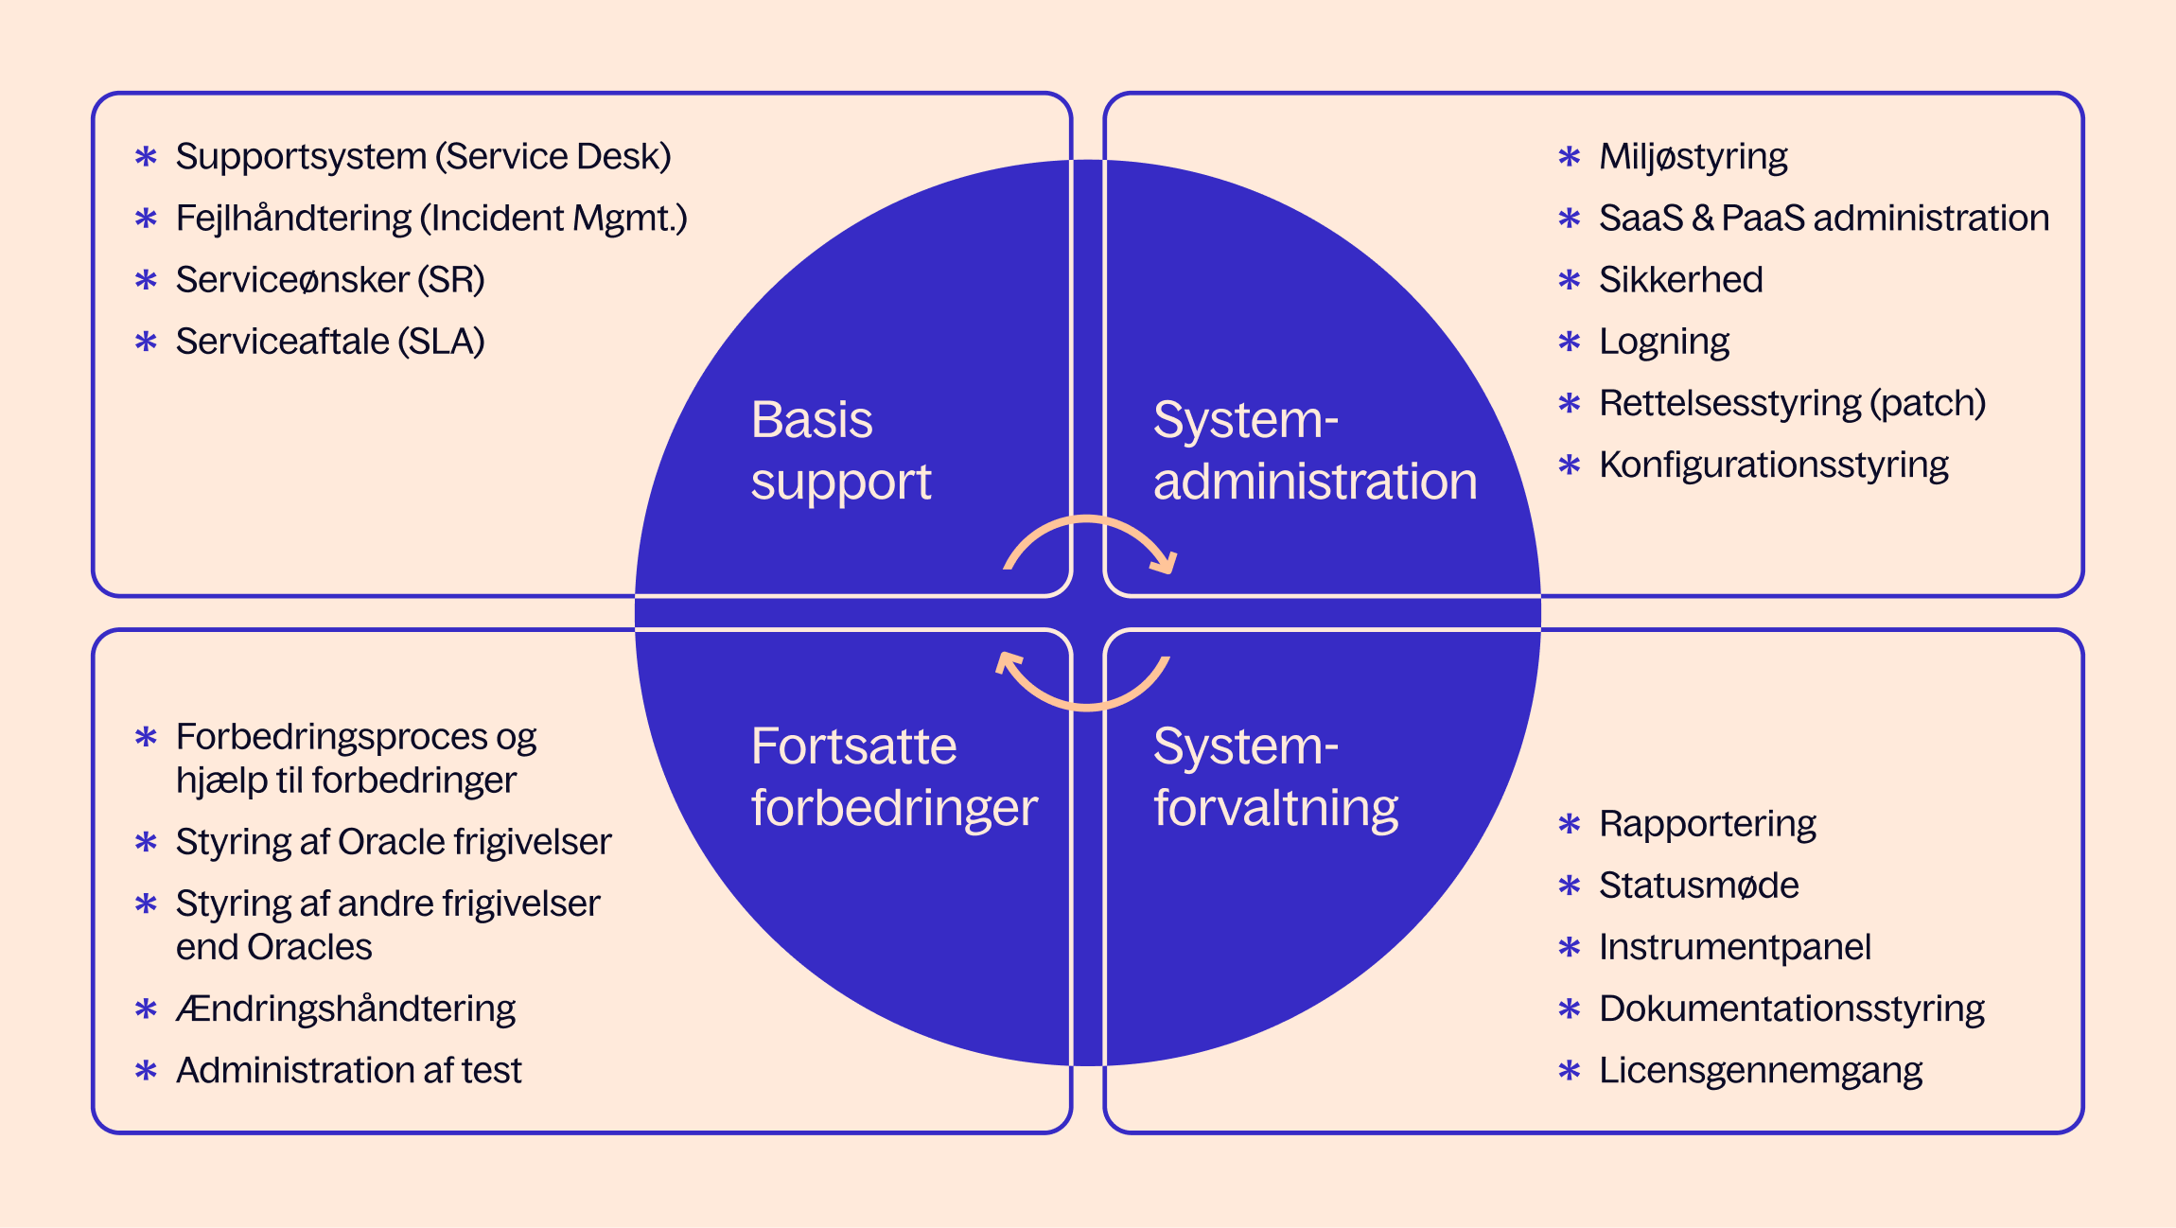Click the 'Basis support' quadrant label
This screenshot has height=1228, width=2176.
pos(840,450)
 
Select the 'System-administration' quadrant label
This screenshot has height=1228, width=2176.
pos(1314,450)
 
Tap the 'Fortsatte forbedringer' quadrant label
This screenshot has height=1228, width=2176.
pos(893,777)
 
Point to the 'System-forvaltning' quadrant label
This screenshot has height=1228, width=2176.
pos(1275,777)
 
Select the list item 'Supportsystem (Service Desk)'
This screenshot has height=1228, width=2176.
pos(423,156)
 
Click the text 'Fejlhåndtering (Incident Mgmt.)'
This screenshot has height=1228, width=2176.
pos(431,219)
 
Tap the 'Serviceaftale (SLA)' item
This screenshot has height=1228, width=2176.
pos(330,342)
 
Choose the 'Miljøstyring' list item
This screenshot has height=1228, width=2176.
pos(1693,157)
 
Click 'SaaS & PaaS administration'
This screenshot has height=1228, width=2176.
pos(1823,219)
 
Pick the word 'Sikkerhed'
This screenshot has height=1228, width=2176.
pos(1680,280)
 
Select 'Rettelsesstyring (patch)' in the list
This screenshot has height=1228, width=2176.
pos(1792,403)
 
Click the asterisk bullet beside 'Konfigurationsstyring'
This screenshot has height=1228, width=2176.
pos(1570,465)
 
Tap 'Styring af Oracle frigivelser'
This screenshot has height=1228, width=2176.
pos(394,842)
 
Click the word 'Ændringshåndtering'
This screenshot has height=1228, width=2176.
pos(345,1009)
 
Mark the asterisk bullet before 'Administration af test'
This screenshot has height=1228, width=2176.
pos(146,1070)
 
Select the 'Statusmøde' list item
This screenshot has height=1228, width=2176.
pos(1698,886)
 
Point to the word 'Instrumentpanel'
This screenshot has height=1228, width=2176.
pos(1734,947)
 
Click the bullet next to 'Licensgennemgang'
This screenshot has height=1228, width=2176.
pos(1570,1070)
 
